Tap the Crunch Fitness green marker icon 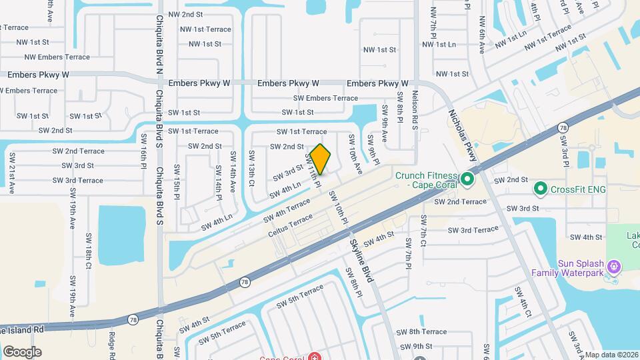(x=467, y=179)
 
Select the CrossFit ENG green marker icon (x=540, y=189)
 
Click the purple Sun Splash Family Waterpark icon (x=614, y=267)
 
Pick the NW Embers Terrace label (x=53, y=57)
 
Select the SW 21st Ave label (x=12, y=173)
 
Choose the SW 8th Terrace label (x=421, y=332)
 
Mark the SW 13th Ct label (x=252, y=168)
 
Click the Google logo (x=22, y=352)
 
